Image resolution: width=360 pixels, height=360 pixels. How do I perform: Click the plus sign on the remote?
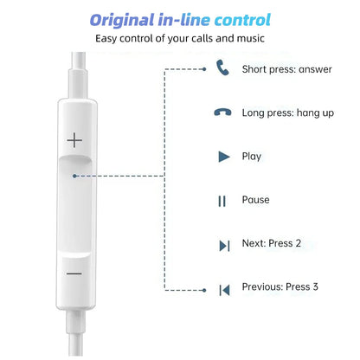(74, 139)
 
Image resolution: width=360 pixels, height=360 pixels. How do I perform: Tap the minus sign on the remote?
(74, 273)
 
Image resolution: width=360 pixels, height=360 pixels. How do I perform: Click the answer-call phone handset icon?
(222, 67)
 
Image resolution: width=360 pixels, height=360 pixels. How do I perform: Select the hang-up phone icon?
(222, 113)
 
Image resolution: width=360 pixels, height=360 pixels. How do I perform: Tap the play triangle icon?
(223, 157)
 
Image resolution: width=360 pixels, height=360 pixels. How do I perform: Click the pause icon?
(222, 201)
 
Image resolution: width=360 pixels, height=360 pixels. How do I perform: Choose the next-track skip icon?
(223, 245)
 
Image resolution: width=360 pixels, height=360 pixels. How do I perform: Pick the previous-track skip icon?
(223, 289)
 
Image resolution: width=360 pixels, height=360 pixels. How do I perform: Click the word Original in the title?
(129, 19)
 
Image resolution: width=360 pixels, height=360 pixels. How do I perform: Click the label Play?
(252, 157)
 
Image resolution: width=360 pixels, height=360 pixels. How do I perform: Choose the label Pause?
(255, 200)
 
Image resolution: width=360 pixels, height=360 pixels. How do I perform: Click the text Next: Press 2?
(272, 243)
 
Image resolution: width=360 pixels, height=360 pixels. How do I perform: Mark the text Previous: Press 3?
(280, 287)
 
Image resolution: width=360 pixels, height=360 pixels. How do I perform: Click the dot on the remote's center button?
(76, 177)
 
